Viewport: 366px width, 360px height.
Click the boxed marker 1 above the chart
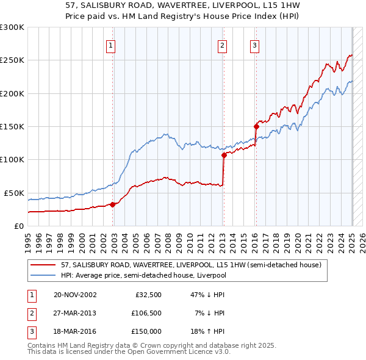coord(110,45)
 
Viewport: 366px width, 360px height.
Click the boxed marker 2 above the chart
coord(222,45)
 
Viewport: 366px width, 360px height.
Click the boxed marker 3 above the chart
coord(254,45)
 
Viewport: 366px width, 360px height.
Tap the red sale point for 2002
coord(112,204)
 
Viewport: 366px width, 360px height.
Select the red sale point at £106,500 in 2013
coord(224,155)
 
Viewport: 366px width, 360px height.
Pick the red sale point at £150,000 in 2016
coord(256,126)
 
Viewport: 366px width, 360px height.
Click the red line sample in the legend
coord(43,265)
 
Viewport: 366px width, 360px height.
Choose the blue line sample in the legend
coord(43,275)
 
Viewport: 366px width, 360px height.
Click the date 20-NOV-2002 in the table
coord(75,295)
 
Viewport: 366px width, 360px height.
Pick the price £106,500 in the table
coord(146,314)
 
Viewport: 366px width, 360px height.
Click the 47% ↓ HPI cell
coord(208,295)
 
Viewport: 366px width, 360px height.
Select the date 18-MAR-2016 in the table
coord(75,333)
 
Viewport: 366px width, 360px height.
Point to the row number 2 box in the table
coord(31,314)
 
